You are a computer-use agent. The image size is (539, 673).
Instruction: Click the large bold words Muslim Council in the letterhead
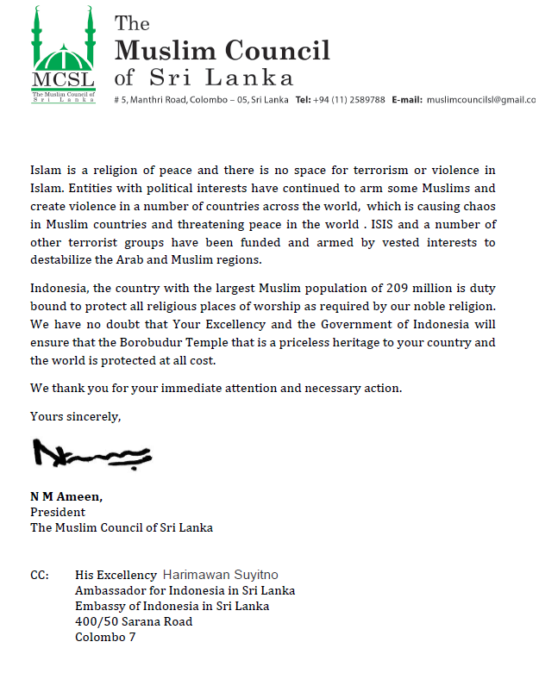click(222, 50)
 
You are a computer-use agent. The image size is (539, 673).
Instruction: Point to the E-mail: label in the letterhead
click(406, 100)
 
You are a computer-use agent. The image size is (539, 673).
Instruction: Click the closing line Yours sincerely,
click(76, 416)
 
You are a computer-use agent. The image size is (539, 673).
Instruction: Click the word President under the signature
click(58, 512)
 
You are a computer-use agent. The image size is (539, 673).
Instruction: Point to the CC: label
click(41, 575)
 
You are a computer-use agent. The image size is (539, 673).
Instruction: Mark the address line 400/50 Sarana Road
click(134, 621)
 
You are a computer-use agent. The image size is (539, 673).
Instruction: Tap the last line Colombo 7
click(105, 638)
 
